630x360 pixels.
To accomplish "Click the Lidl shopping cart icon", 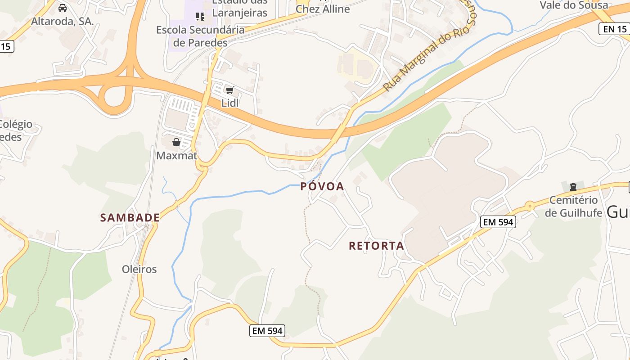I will [229, 90].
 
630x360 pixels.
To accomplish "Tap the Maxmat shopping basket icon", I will [176, 142].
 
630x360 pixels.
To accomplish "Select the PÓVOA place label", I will [322, 186].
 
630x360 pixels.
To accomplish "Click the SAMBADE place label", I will [130, 218].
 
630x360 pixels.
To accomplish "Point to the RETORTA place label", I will [376, 246].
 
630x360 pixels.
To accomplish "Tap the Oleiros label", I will [139, 269].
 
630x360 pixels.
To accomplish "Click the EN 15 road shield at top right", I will [614, 29].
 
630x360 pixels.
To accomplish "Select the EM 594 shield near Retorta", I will [497, 222].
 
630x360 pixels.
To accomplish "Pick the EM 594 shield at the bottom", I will [267, 331].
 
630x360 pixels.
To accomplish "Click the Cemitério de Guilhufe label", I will [573, 207].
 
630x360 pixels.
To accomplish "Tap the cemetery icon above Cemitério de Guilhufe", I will [573, 186].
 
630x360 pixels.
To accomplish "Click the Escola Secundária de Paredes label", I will [200, 36].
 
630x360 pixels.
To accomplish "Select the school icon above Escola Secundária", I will [200, 17].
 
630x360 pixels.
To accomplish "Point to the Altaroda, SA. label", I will [63, 21].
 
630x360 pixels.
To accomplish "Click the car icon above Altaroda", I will [63, 8].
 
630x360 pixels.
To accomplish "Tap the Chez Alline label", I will [323, 9].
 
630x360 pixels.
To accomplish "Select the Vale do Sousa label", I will [574, 5].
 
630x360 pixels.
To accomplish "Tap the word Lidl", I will [229, 103].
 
